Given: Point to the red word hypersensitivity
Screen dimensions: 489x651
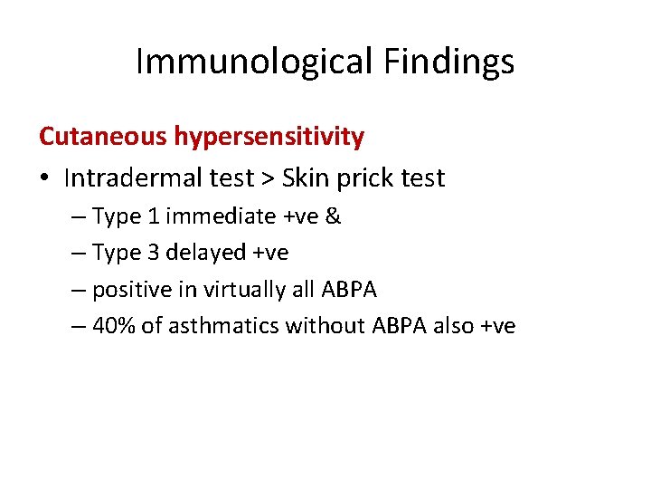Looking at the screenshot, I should pyautogui.click(x=269, y=138).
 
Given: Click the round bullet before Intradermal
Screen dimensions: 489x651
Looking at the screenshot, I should pyautogui.click(x=45, y=178).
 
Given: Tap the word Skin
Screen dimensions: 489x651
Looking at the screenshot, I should pyautogui.click(x=305, y=178).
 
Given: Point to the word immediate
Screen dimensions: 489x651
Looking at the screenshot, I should pyautogui.click(x=217, y=216).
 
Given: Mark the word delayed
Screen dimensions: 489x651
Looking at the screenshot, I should pyautogui.click(x=203, y=253).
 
